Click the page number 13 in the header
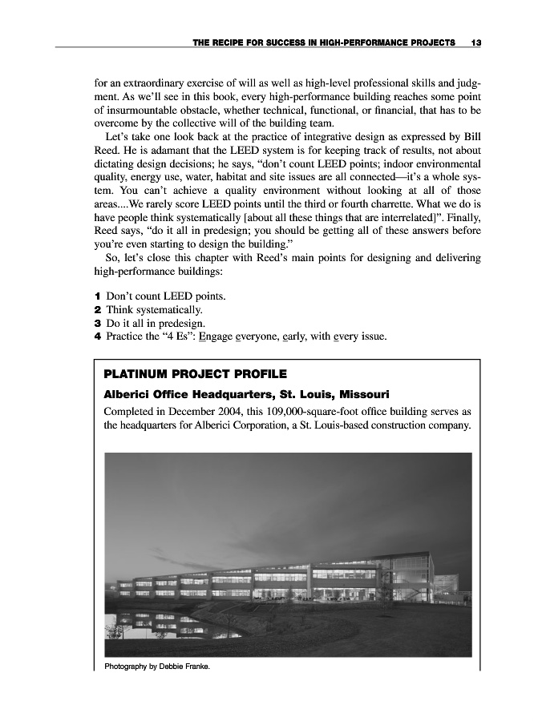click(476, 42)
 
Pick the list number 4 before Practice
click(97, 336)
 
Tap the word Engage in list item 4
click(216, 336)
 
